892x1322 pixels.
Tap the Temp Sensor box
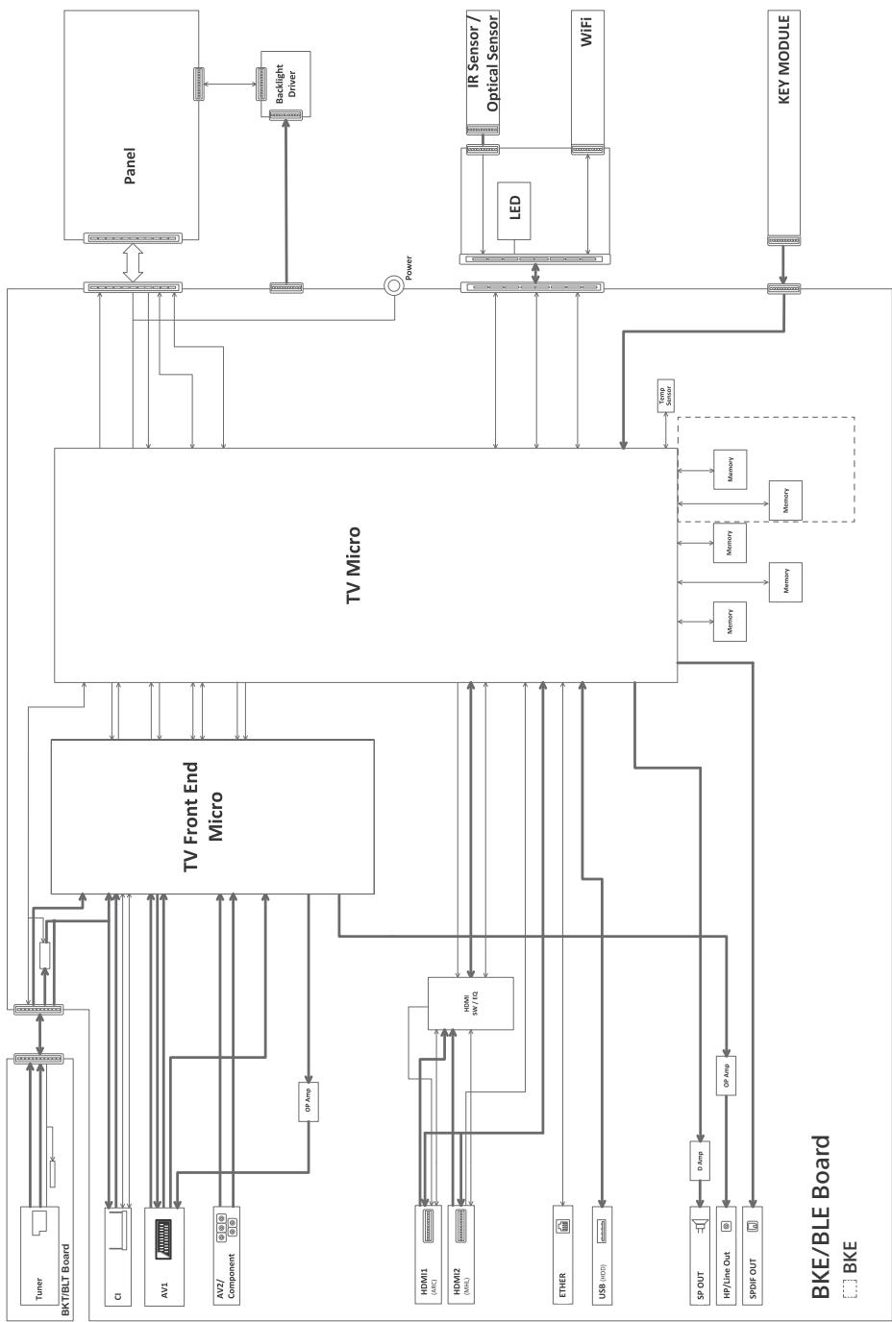click(x=666, y=395)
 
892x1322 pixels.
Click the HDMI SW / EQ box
click(x=470, y=1005)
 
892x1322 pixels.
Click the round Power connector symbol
click(x=394, y=286)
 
